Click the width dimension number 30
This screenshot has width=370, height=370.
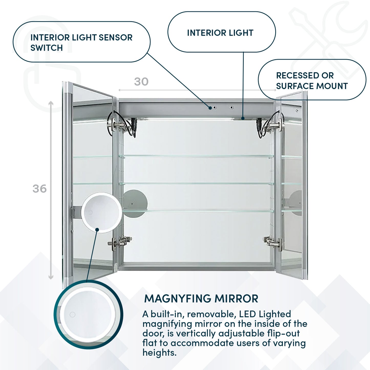point(141,82)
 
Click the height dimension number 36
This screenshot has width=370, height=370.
point(39,189)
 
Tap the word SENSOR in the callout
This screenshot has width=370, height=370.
point(115,38)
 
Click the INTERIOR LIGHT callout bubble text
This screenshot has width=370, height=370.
point(220,33)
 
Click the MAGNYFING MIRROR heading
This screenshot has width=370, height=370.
point(201,299)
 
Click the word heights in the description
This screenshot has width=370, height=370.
point(159,353)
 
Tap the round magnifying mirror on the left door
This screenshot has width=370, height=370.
point(102,213)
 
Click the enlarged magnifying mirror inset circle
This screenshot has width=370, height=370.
point(88,314)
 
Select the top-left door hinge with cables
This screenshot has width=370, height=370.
point(120,125)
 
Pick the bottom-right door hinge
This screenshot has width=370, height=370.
point(273,241)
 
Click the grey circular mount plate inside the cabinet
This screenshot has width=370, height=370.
point(135,203)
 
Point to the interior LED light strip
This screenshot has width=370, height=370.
point(189,119)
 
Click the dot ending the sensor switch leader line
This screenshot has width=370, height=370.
point(210,108)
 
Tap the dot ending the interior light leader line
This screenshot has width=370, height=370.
point(243,118)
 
